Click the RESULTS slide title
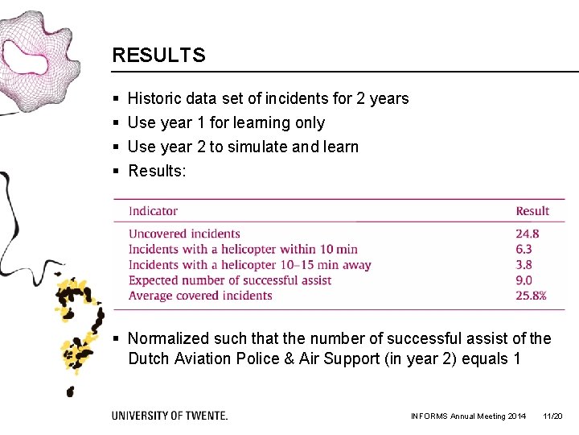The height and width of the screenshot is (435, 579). click(x=158, y=56)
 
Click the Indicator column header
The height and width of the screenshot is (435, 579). click(x=153, y=211)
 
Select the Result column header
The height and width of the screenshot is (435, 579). click(x=532, y=211)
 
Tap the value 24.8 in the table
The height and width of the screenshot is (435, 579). click(x=528, y=234)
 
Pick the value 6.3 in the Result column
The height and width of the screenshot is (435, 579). click(x=524, y=250)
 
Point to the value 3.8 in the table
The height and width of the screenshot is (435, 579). click(x=524, y=265)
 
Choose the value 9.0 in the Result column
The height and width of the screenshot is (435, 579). click(x=524, y=280)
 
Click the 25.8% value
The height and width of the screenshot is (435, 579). click(x=531, y=296)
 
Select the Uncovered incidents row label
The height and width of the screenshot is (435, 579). click(x=184, y=234)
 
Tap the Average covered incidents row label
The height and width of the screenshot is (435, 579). click(x=200, y=296)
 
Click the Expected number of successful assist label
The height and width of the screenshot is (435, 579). click(x=230, y=280)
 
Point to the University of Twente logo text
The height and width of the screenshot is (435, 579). click(x=170, y=416)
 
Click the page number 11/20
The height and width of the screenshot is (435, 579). click(x=552, y=416)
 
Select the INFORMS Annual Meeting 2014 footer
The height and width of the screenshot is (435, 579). click(x=468, y=416)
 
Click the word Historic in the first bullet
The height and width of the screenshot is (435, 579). click(x=154, y=99)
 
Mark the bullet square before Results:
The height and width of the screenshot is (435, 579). click(x=117, y=172)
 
